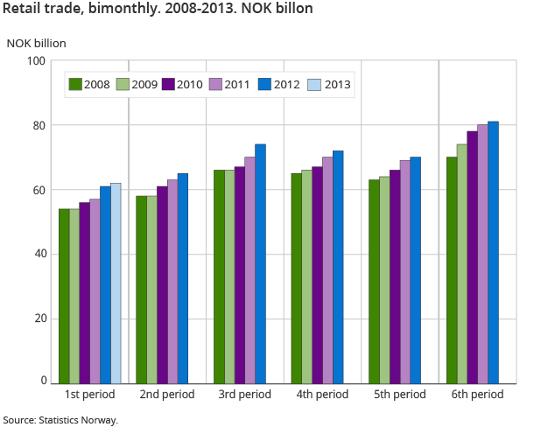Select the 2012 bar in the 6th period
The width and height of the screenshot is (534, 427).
(493, 252)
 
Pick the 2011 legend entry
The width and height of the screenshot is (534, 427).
(230, 85)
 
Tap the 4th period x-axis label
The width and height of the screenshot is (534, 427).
(322, 395)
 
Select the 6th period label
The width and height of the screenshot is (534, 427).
(477, 395)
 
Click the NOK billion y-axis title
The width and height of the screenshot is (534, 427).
(36, 43)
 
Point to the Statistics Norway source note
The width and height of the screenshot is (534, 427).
(60, 420)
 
